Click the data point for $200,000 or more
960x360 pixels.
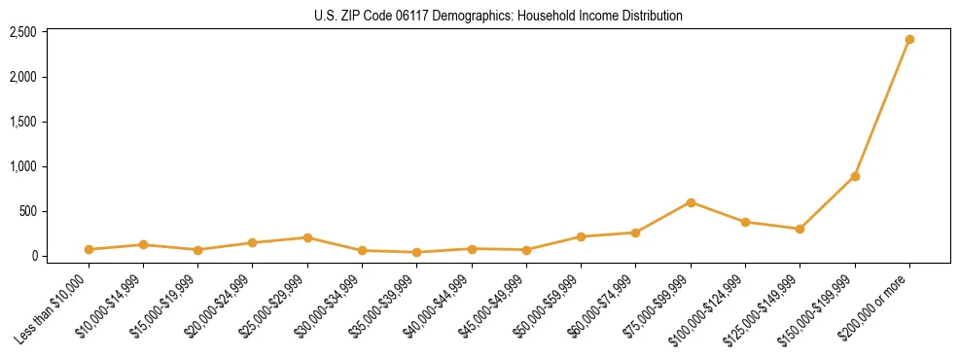click(x=909, y=39)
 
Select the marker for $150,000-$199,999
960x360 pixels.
click(x=855, y=176)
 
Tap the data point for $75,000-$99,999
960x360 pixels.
click(x=691, y=202)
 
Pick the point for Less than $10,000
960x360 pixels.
click(x=89, y=249)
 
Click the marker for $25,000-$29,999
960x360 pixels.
click(x=307, y=237)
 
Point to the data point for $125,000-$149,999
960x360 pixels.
click(x=800, y=229)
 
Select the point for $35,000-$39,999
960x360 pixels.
click(x=417, y=252)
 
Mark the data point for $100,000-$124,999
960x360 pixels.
click(x=745, y=222)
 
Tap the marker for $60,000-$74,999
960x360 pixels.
click(x=635, y=233)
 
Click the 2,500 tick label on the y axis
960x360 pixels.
click(x=23, y=32)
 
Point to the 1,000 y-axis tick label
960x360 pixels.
click(x=23, y=166)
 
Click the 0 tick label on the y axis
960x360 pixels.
click(x=33, y=256)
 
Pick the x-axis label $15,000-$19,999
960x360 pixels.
click(x=163, y=306)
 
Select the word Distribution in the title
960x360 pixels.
click(x=649, y=16)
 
